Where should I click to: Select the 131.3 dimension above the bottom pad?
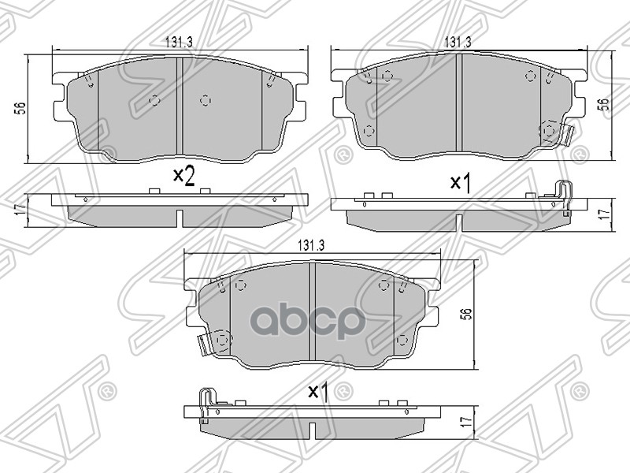click(x=310, y=245)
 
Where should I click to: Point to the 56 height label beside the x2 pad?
click(x=20, y=109)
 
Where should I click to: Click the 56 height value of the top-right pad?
click(x=606, y=105)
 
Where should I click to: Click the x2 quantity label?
click(x=183, y=177)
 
